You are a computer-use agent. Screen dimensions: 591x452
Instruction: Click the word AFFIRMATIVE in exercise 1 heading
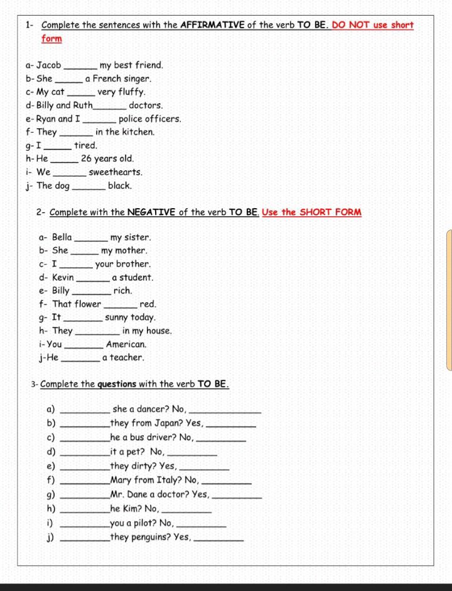pyautogui.click(x=212, y=25)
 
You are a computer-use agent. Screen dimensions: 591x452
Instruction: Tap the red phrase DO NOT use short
pyautogui.click(x=373, y=25)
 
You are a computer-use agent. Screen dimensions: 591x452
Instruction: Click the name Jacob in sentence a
pyautogui.click(x=49, y=65)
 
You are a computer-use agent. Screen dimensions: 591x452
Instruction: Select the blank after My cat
pyautogui.click(x=80, y=92)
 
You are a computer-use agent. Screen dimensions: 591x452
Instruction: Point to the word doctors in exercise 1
pyautogui.click(x=146, y=106)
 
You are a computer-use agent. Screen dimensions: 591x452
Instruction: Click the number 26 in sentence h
pyautogui.click(x=87, y=158)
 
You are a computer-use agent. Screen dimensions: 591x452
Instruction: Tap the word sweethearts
pyautogui.click(x=116, y=172)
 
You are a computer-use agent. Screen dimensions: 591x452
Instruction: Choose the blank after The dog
pyautogui.click(x=89, y=186)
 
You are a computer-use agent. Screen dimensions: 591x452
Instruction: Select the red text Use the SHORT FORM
pyautogui.click(x=312, y=212)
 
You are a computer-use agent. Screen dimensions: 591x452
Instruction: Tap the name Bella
pyautogui.click(x=62, y=237)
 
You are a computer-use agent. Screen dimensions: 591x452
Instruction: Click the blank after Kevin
pyautogui.click(x=92, y=278)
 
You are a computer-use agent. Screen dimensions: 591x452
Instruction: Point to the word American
pyautogui.click(x=126, y=345)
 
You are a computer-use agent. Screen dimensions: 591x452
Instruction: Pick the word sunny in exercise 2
pyautogui.click(x=117, y=318)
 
